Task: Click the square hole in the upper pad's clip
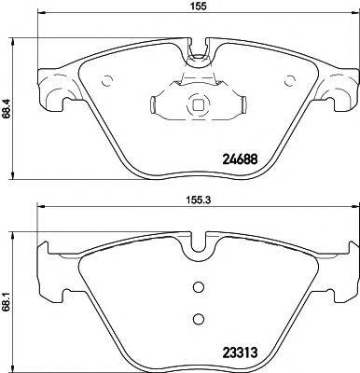pos(197,105)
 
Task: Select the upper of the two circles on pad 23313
pos(196,287)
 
